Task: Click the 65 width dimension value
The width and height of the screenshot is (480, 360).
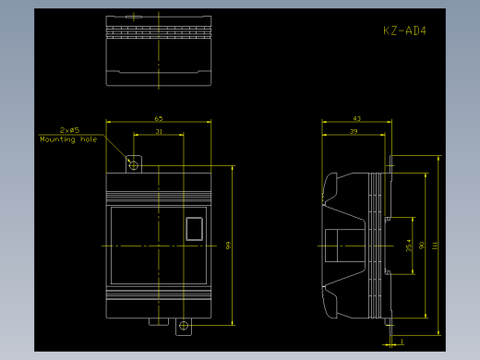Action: click(159, 118)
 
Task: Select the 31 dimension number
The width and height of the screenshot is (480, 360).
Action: click(159, 132)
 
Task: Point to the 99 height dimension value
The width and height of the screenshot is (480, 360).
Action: click(227, 245)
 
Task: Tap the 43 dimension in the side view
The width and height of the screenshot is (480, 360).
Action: click(356, 118)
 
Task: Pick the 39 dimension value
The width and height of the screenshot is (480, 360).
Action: click(353, 132)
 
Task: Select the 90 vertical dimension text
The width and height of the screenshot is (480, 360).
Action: click(422, 246)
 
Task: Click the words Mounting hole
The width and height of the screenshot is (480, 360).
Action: click(68, 139)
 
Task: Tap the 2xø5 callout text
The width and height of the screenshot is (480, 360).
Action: click(69, 130)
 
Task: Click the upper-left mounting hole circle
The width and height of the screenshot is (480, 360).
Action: click(134, 164)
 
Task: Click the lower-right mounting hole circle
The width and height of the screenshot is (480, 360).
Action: click(184, 325)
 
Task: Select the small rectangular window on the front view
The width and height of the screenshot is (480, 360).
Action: click(194, 228)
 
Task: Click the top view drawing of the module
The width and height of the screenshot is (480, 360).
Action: click(159, 51)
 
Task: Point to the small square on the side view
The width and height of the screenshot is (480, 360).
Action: click(333, 246)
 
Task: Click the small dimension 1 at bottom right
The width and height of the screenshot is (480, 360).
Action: click(402, 342)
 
